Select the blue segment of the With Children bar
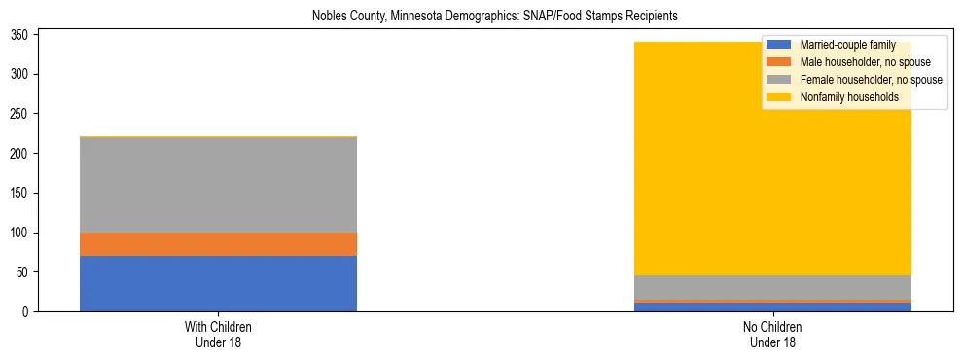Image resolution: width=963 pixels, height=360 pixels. click(218, 283)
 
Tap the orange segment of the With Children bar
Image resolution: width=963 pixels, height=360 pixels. click(218, 244)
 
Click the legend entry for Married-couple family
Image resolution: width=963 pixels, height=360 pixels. click(847, 45)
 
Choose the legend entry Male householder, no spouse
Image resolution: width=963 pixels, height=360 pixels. click(858, 62)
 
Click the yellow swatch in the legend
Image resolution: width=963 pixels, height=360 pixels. click(778, 97)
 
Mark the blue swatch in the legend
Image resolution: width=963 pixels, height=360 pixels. click(778, 45)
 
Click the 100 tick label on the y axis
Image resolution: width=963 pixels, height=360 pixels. click(24, 233)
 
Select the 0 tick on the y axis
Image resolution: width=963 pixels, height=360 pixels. click(30, 312)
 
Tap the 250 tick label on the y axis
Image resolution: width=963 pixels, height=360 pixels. click(24, 114)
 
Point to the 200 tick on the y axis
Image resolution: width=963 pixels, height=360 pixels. click(24, 154)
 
